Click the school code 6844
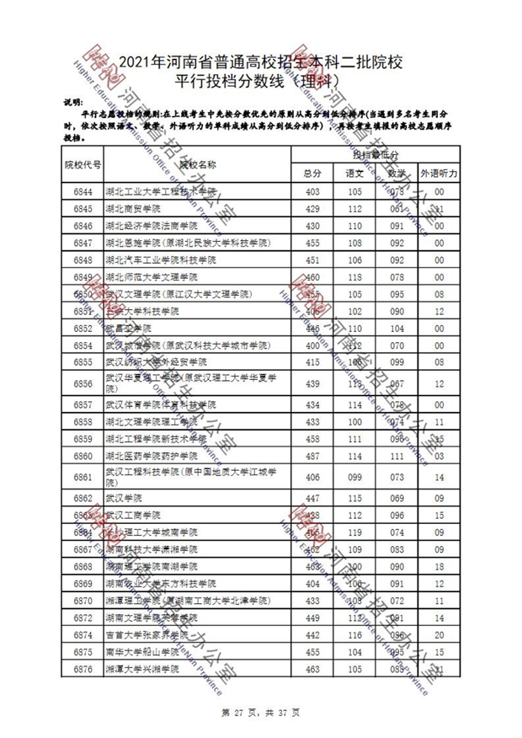tap(83, 191)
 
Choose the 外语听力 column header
tap(439, 173)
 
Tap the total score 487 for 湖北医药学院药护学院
tap(312, 456)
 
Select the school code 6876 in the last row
tap(83, 668)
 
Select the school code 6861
tap(83, 477)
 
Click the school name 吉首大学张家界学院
tap(144, 634)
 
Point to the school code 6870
tap(83, 600)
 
